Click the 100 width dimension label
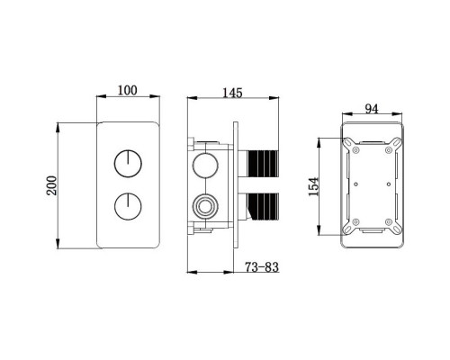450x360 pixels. tap(127, 90)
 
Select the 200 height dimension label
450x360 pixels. tap(51, 185)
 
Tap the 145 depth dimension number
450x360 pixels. tap(232, 93)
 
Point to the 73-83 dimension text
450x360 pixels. tap(262, 266)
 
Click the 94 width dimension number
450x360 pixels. tap(372, 109)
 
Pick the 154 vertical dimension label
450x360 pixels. tap(313, 186)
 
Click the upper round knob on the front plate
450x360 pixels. tap(128, 164)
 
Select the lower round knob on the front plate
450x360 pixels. tap(128, 206)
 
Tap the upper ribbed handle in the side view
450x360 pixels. tap(263, 164)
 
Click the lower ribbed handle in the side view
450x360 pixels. tap(263, 206)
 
